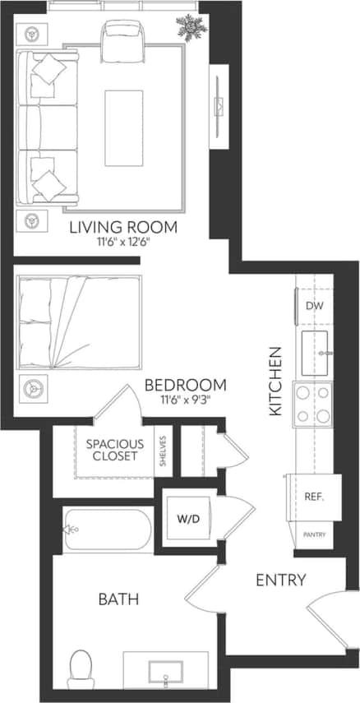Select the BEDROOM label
point(185,385)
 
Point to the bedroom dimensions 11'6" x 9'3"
point(185,400)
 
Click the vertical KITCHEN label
point(276,381)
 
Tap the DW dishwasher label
point(314,306)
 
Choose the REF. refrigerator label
point(313,497)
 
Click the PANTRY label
point(314,535)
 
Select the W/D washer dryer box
point(188,520)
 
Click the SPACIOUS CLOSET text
point(114,449)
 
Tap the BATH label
point(118,599)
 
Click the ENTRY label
point(280,580)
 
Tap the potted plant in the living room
point(191,26)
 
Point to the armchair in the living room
point(123,39)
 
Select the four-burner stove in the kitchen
point(312,405)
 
